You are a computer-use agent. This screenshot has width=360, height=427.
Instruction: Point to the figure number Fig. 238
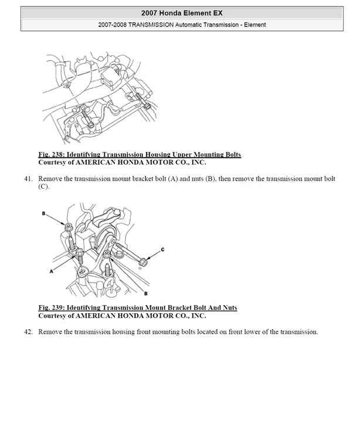click(x=51, y=154)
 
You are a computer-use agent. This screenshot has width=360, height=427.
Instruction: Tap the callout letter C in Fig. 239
click(x=162, y=250)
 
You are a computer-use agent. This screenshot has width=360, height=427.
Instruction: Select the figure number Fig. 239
click(x=51, y=307)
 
